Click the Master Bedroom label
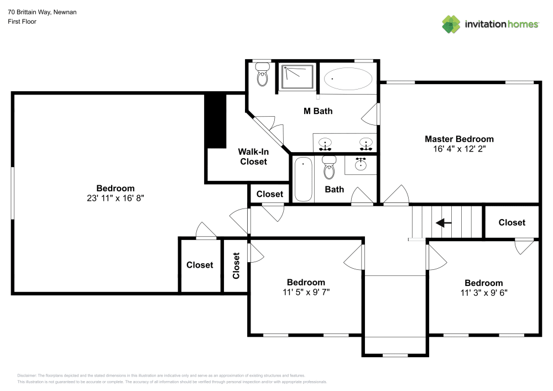coord(459,139)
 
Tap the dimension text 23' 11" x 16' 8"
coord(115,197)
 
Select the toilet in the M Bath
coord(262,75)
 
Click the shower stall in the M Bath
coord(298,77)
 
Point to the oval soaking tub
coord(348,79)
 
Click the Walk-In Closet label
coord(253,157)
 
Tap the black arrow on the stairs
coord(444,223)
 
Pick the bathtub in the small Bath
coord(303,179)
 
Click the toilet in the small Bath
coord(329,168)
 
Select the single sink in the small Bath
coord(361,164)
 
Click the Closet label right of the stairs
coord(512,222)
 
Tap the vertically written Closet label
coord(236,265)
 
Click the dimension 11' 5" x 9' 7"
coord(306,292)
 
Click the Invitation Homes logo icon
coord(451,24)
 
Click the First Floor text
coord(22,22)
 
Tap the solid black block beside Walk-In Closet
coord(216,121)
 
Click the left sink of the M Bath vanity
coord(326,143)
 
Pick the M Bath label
coord(318,111)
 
